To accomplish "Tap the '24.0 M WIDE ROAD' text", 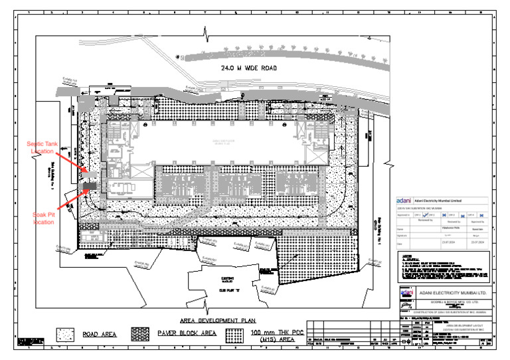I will coord(240,68).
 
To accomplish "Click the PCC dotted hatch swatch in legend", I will coord(233,333).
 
